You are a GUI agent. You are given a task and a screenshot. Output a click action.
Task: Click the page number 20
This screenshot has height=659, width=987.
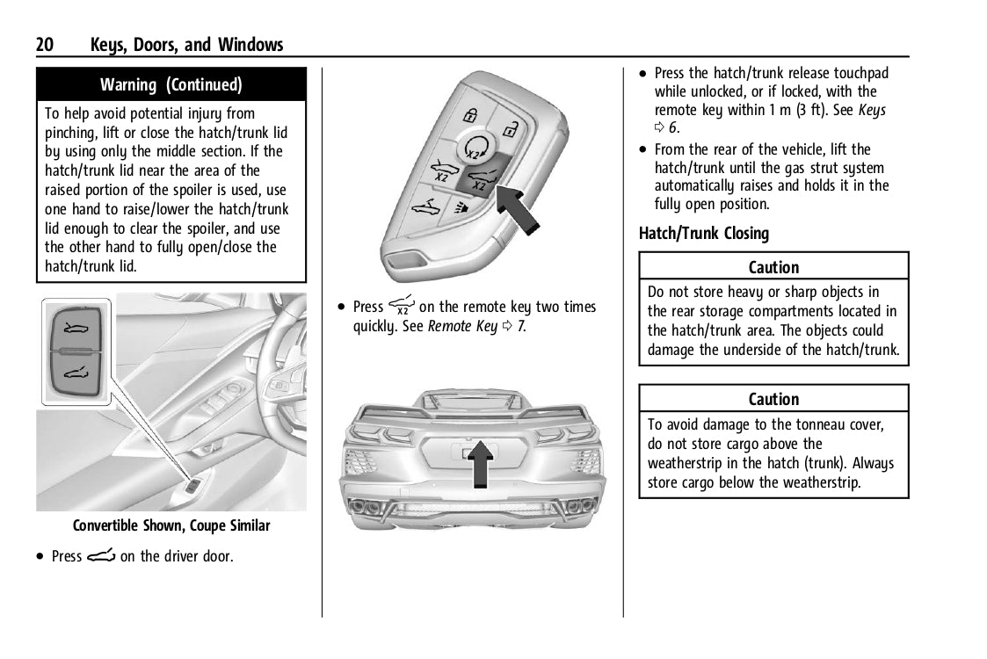point(46,45)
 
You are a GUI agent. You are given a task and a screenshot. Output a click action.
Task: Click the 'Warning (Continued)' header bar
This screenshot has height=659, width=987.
point(171,85)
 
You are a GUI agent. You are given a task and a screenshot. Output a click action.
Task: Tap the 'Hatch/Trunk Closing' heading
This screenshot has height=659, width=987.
point(704,234)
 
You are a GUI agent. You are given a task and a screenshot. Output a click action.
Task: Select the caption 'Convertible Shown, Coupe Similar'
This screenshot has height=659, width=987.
point(171,526)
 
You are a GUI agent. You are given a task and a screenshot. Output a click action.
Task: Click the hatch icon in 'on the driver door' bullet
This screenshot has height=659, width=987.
point(100,556)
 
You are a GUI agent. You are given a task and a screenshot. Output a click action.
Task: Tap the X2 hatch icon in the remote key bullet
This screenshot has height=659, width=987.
point(403,306)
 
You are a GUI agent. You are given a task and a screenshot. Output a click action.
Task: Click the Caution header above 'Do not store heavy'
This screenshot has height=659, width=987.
point(773,267)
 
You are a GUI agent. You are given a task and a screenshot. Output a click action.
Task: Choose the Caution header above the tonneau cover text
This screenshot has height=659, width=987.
point(773,399)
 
